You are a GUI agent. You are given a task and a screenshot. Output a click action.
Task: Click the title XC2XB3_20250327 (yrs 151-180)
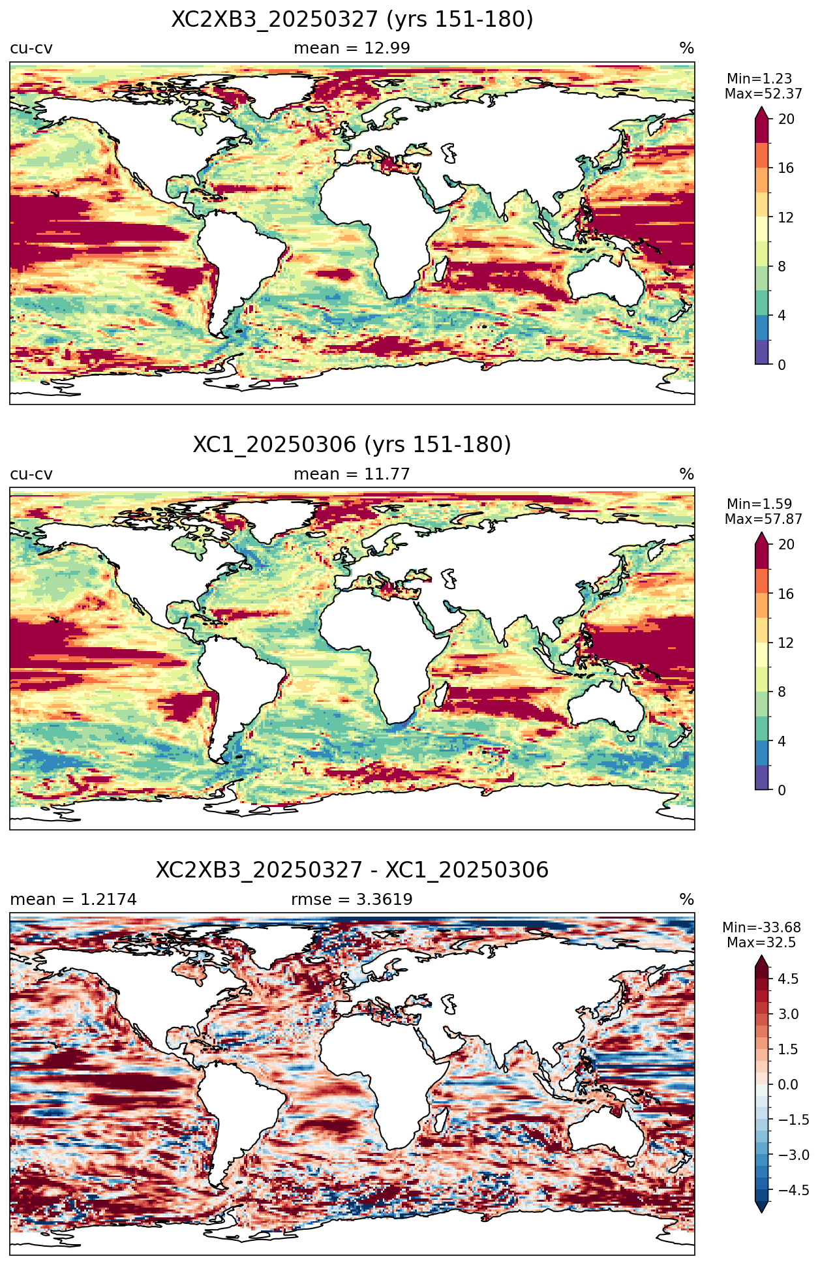(352, 20)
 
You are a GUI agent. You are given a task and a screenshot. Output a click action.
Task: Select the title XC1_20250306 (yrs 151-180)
(352, 445)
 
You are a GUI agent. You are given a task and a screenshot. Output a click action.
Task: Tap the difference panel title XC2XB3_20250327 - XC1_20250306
(352, 870)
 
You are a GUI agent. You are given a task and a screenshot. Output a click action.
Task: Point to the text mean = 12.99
(352, 48)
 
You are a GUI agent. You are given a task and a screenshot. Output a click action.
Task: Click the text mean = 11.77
(352, 474)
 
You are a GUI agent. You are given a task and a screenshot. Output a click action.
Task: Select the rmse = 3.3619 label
(352, 900)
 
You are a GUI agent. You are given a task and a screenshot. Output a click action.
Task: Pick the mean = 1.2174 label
(74, 900)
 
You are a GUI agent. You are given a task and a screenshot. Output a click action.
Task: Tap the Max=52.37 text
(763, 94)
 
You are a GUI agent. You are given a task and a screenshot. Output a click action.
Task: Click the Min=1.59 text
(759, 504)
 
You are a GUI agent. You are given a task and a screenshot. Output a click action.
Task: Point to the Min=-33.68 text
(761, 928)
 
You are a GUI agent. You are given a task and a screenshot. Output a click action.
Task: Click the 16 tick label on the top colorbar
(786, 168)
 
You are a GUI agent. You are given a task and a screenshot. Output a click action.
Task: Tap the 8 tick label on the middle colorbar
(782, 692)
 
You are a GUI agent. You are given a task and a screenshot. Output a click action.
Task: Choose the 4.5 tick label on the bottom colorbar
(788, 979)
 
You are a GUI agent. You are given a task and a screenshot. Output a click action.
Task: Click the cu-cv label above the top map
(31, 48)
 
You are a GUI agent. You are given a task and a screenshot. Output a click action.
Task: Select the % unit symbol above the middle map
(686, 474)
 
